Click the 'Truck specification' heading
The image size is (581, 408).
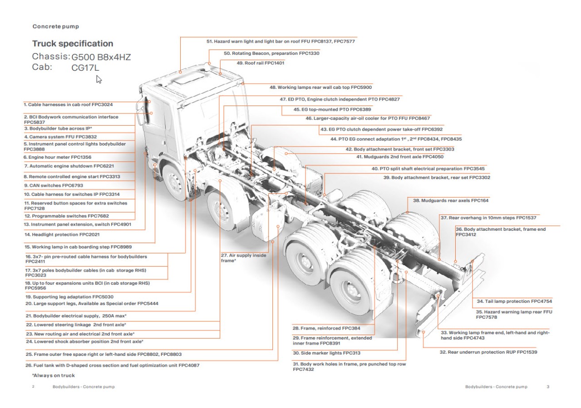click(x=73, y=44)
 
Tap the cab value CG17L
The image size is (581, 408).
click(x=85, y=68)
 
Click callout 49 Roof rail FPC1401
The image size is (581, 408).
click(x=260, y=63)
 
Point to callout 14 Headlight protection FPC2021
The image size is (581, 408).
click(x=62, y=234)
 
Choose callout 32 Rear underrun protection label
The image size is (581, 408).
click(x=488, y=352)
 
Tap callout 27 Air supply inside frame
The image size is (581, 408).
click(x=243, y=258)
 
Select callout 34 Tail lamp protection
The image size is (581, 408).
click(x=514, y=301)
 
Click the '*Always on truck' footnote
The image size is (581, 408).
click(x=54, y=375)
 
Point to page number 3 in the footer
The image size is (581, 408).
click(x=547, y=387)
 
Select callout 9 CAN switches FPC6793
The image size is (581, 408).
click(x=53, y=185)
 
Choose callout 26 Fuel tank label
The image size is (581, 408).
click(x=112, y=365)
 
